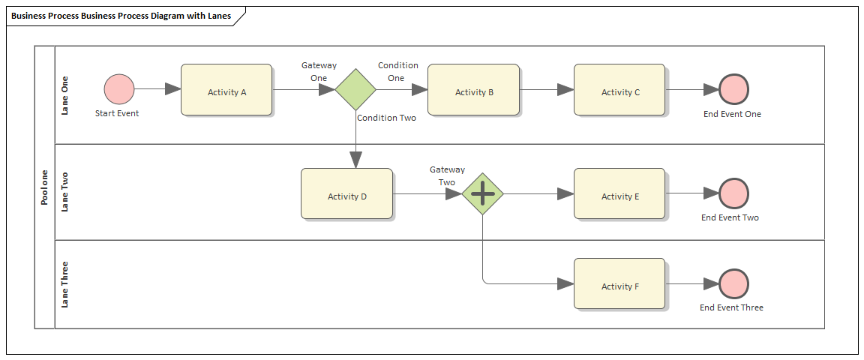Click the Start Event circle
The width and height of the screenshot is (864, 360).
coord(119,88)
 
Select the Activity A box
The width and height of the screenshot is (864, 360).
coord(226,90)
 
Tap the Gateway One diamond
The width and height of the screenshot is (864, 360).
coord(355,89)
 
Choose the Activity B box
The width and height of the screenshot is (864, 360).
coord(473,90)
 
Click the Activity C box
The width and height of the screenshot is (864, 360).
coord(619,90)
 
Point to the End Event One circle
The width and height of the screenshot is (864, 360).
coord(733,89)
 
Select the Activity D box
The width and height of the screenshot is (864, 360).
coord(346,194)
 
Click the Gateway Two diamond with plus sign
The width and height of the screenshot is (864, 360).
coord(482,193)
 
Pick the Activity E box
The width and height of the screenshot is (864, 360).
coord(619,194)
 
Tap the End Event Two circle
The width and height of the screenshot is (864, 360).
coord(733,193)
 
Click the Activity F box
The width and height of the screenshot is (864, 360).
coord(619,284)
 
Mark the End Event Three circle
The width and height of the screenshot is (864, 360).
coord(733,284)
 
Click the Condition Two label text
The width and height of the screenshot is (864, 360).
coord(386,118)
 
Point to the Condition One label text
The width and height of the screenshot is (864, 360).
coord(397,72)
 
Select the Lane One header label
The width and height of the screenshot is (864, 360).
coord(65,95)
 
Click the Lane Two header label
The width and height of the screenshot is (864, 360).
coord(65,192)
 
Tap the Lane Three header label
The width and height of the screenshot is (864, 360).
coord(65,284)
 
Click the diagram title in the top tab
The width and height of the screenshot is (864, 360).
coord(120,16)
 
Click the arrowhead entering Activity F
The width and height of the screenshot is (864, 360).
coord(565,284)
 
